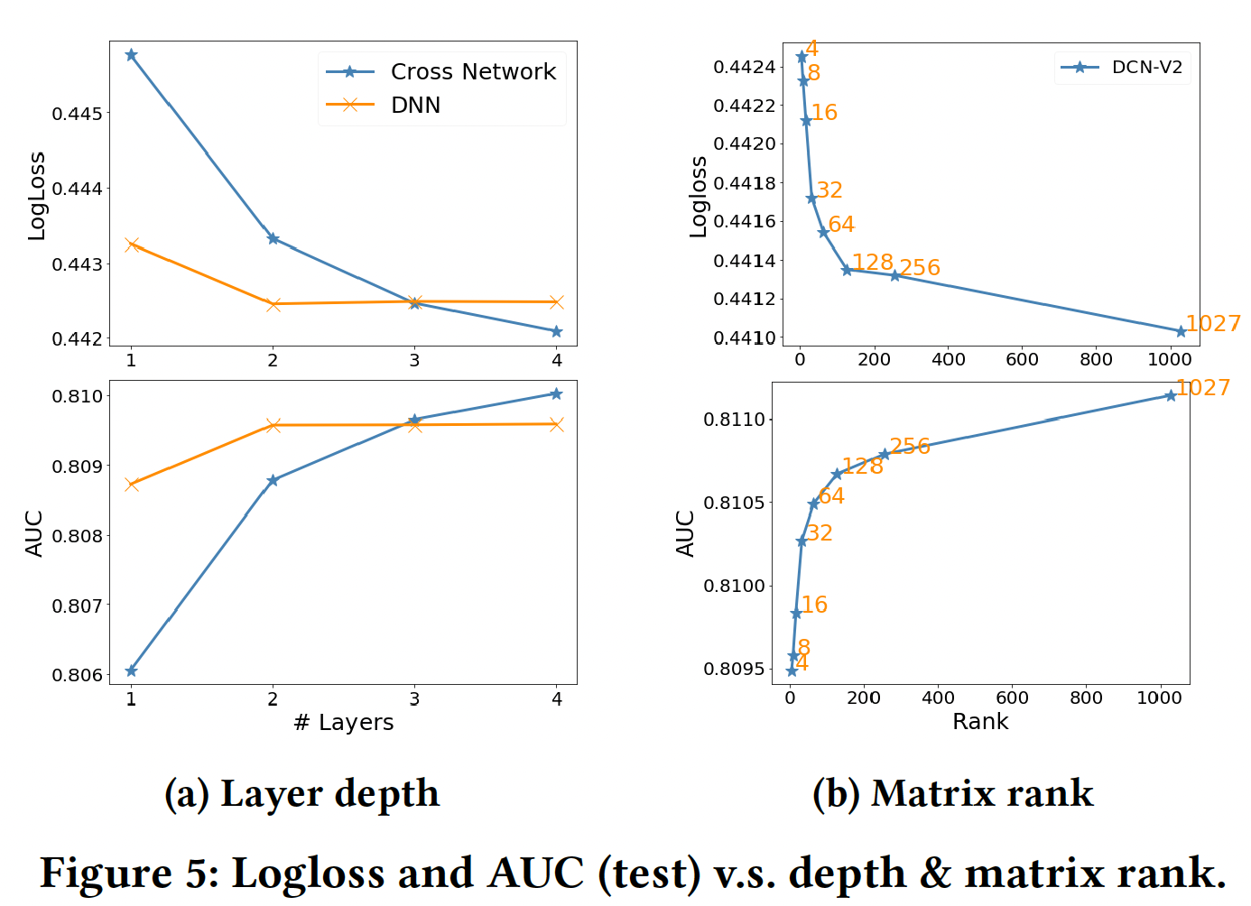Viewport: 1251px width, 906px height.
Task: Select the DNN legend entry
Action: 415,106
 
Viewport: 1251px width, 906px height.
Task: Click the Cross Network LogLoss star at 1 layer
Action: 132,55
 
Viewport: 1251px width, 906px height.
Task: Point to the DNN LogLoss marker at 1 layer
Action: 132,245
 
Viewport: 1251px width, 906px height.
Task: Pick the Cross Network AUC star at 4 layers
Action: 556,393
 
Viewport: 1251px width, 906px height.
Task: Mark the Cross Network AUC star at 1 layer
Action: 132,670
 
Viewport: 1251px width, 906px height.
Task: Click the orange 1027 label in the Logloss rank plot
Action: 1212,324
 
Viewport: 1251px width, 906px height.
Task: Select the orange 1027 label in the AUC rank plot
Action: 1203,388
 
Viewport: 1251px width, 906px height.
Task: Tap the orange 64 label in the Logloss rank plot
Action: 841,225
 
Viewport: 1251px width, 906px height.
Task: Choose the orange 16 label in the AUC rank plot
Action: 814,606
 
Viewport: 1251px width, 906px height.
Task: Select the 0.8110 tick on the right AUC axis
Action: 733,420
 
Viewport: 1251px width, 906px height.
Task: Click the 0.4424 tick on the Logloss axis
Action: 744,68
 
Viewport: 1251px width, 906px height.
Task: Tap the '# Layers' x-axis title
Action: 344,723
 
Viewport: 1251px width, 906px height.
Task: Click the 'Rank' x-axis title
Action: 980,722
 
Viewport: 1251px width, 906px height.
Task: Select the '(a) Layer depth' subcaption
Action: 301,794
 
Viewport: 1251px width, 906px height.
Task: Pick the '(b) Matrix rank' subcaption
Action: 952,794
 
